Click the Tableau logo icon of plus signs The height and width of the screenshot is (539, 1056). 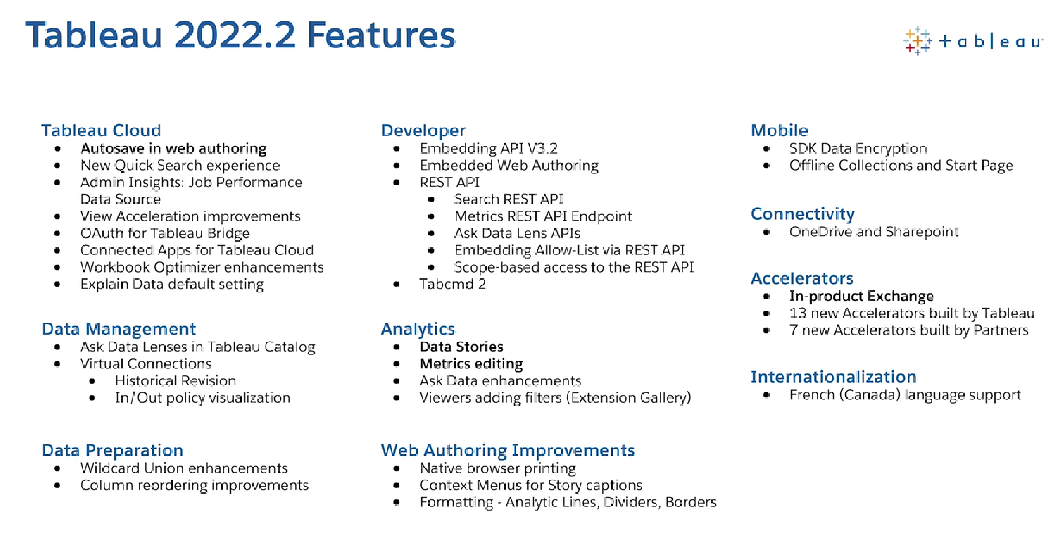(x=917, y=41)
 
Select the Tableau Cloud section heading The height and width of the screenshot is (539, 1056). (x=101, y=131)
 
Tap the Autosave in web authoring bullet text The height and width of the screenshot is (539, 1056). (x=173, y=148)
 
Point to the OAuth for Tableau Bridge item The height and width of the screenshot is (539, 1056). (x=164, y=233)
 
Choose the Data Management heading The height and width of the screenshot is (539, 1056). (x=118, y=328)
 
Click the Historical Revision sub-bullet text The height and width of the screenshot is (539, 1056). (x=175, y=380)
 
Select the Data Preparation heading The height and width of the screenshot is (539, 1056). (x=113, y=450)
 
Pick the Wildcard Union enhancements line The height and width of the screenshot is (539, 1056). (x=184, y=468)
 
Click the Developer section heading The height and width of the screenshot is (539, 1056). (x=423, y=131)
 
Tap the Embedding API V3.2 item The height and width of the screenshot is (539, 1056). (x=489, y=148)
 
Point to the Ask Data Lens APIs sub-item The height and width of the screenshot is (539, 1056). (x=517, y=233)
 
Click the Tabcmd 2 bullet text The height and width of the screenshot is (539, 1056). (x=453, y=284)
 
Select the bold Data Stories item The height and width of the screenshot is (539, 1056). (x=461, y=346)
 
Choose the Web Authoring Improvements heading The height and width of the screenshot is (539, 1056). (x=508, y=450)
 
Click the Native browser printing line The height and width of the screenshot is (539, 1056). (x=498, y=468)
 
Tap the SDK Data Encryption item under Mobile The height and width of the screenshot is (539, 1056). (x=858, y=148)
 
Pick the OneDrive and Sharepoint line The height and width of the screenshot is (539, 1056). (x=874, y=232)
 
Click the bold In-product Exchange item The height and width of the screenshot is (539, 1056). (x=862, y=296)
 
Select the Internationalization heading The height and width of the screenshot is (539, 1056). (x=833, y=377)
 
